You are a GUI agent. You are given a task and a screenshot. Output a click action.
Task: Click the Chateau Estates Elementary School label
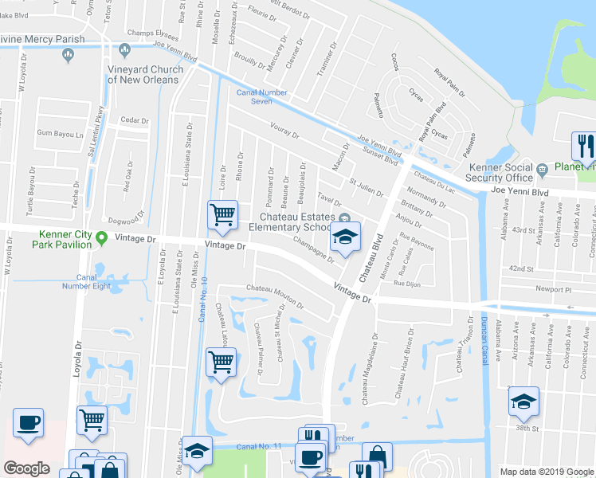point(299,220)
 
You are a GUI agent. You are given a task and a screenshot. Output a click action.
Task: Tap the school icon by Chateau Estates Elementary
point(344,237)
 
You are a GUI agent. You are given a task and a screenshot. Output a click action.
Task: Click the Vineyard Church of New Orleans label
point(146,74)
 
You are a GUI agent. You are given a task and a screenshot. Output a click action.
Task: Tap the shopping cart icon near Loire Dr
point(222,214)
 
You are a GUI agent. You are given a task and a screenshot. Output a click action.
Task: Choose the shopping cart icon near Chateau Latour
point(222,362)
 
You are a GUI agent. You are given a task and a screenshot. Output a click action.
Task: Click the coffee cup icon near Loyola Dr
point(29,423)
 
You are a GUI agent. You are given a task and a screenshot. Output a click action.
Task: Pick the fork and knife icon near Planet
point(583,147)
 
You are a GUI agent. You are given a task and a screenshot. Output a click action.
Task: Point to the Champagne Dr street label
point(313,249)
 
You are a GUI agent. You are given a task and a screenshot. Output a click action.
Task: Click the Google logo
point(26,468)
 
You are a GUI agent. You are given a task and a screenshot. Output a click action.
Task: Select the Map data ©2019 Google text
point(546,471)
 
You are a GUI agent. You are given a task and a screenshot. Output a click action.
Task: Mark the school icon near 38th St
point(523,402)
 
